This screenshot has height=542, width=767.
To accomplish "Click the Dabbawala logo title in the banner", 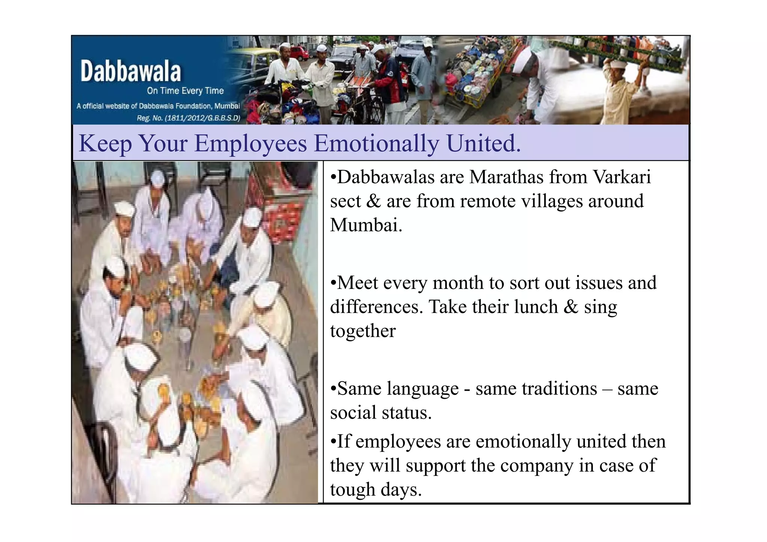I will click(x=130, y=71).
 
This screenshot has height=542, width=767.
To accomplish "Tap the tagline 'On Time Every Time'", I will click(x=185, y=91).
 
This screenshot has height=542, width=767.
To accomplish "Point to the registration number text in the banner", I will click(x=188, y=118).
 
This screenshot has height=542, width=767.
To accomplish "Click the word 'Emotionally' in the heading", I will click(x=376, y=143).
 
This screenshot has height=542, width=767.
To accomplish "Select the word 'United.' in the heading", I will click(x=483, y=143).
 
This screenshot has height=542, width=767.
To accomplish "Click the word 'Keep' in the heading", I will click(x=105, y=143).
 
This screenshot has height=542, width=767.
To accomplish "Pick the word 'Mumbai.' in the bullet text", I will click(x=366, y=225).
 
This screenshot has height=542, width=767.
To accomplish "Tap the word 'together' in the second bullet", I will click(x=363, y=331).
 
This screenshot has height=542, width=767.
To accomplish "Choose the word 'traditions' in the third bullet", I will click(x=536, y=389).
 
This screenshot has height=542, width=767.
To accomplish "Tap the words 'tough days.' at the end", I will click(x=376, y=490).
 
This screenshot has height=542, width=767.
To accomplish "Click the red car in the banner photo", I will click(x=299, y=53).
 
